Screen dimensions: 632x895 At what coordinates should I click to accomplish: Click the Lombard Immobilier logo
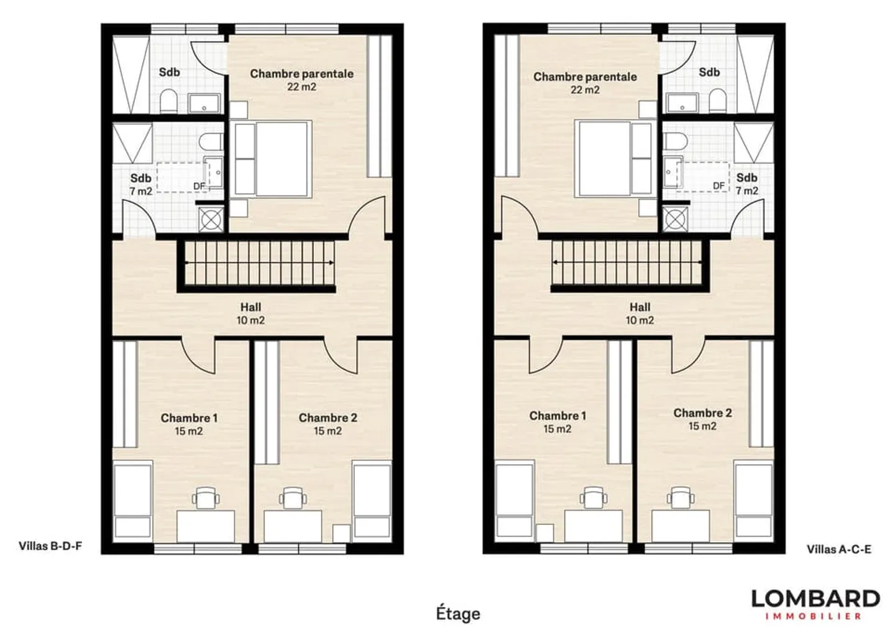(815, 604)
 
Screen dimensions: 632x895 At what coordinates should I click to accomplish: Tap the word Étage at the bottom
(458, 613)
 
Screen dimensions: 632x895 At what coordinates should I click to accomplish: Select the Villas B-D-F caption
(50, 546)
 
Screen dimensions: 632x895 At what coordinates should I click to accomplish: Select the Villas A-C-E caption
(838, 549)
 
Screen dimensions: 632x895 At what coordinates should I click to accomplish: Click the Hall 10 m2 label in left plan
(250, 314)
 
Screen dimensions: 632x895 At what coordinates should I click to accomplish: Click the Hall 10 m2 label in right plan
(640, 314)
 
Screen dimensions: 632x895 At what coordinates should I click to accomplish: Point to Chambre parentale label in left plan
(301, 80)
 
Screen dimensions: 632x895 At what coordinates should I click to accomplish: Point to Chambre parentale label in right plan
(585, 83)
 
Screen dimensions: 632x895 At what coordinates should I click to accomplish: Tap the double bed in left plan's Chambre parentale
(272, 159)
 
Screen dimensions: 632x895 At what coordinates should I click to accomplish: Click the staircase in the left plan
(258, 264)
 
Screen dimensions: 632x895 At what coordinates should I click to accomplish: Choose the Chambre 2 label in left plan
(328, 424)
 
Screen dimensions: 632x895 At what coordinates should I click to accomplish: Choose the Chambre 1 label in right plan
(558, 422)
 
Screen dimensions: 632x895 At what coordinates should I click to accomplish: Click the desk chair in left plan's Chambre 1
(205, 498)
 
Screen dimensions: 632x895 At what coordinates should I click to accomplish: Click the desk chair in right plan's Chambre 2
(679, 497)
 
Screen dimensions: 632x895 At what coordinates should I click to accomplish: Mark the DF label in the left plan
(199, 186)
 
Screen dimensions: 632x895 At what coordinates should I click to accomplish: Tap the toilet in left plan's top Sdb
(168, 101)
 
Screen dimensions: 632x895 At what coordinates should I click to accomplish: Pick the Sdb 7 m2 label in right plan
(746, 184)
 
